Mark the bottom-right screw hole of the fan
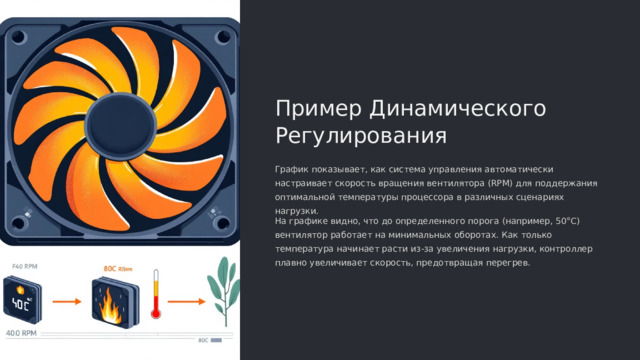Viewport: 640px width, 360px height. click(x=215, y=211)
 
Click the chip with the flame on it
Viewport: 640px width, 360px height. click(x=109, y=301)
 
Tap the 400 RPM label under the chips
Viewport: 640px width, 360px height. click(x=22, y=332)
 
